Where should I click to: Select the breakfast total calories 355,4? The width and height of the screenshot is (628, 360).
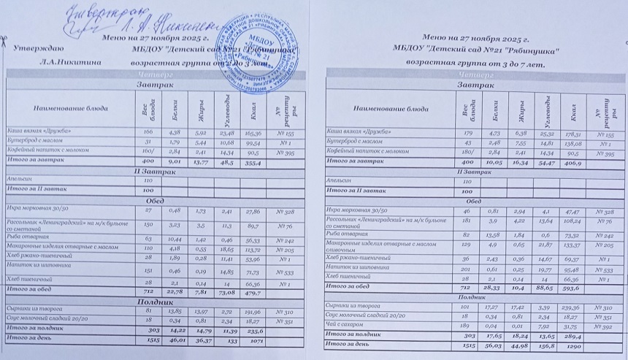[x=253, y=161]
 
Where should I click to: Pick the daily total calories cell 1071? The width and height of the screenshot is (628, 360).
[x=253, y=340]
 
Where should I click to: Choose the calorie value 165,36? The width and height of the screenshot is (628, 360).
[x=253, y=134]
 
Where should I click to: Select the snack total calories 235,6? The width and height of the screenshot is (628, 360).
[x=253, y=331]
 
